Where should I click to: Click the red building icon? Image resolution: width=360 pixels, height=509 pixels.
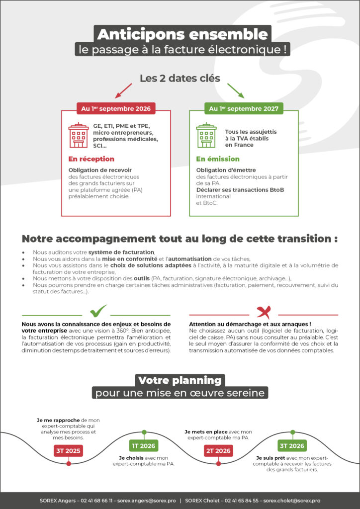point(79,135)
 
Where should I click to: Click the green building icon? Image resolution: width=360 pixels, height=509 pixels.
point(206,135)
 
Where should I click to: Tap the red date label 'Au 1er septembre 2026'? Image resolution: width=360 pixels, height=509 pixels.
point(116,108)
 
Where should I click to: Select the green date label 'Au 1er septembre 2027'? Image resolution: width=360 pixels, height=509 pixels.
point(244,108)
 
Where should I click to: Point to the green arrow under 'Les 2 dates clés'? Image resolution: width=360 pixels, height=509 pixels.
point(236,90)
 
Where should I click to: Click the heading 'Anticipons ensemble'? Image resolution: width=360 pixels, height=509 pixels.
point(182,34)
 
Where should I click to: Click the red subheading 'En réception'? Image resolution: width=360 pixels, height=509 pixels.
point(91,159)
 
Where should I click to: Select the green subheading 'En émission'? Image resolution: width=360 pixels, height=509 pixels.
point(218,159)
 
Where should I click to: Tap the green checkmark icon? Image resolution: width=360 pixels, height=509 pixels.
point(98,312)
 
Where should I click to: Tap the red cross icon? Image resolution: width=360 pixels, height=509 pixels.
point(264,312)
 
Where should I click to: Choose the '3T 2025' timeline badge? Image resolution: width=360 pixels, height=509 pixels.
point(68,451)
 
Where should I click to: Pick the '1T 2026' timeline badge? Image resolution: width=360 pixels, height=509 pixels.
point(144,445)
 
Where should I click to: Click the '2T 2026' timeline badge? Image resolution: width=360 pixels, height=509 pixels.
point(218,451)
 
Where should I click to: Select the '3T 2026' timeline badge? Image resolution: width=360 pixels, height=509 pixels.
point(292,445)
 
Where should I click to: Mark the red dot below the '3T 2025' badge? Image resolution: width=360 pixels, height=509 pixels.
point(69,464)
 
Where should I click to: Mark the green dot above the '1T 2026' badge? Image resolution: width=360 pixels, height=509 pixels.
point(144,432)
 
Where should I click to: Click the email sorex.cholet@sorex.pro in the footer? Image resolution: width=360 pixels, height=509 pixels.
point(292,501)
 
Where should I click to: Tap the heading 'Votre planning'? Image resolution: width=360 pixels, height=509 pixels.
point(180,381)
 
